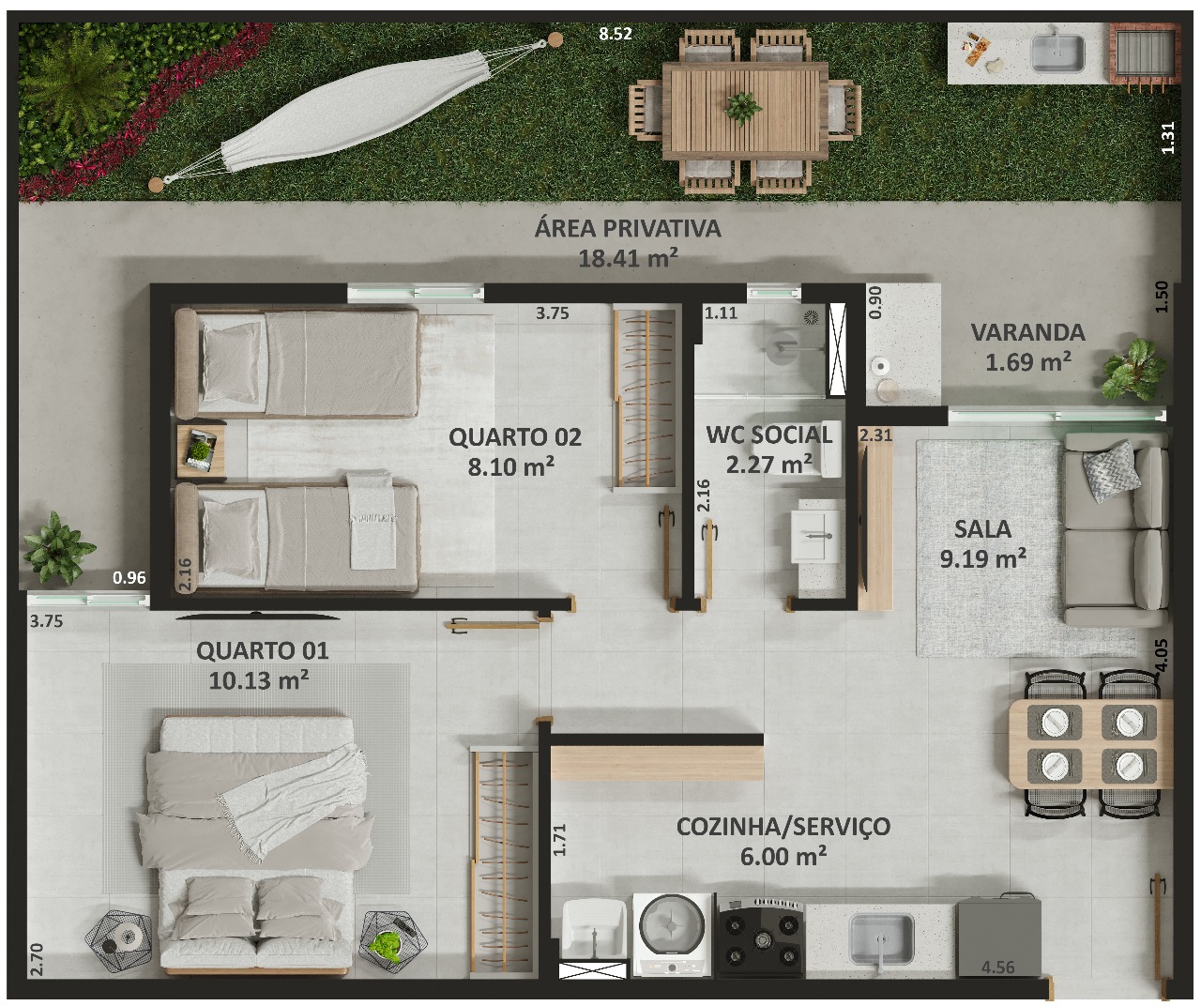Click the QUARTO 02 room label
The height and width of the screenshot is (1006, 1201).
coord(515,437)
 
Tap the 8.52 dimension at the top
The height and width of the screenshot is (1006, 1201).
coord(616,34)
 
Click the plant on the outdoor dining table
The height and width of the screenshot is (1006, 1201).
coord(743,108)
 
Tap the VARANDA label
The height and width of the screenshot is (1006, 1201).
coord(1027,332)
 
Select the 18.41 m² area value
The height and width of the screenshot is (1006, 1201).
coord(628,258)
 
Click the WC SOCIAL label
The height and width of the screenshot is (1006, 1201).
coord(769,434)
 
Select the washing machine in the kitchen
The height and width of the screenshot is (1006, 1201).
coord(673,936)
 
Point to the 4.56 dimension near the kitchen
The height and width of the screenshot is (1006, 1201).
coord(998,968)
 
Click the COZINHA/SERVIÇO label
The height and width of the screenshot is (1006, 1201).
coord(783,827)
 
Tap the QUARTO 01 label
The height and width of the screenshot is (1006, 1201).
coord(263,651)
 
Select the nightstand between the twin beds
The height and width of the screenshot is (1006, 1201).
coord(201,451)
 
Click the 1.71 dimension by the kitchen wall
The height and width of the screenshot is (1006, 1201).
coord(559,840)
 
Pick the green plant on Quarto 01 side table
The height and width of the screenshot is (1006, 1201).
coord(387,946)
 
